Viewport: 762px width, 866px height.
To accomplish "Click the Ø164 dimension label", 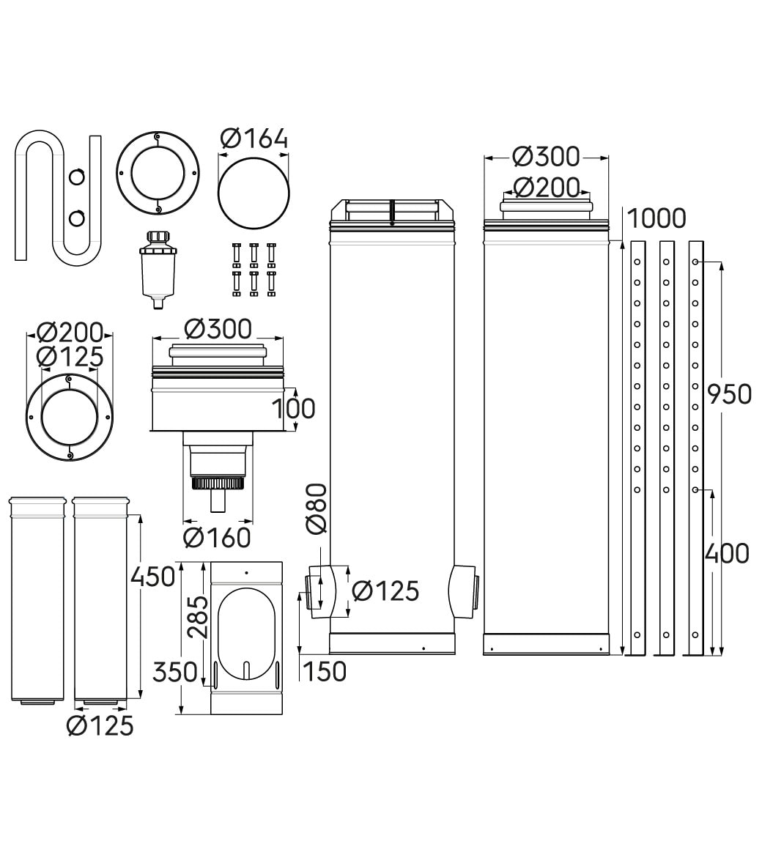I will (254, 138).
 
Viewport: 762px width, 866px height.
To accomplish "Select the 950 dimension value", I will (729, 394).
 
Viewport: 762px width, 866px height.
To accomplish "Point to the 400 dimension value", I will (727, 553).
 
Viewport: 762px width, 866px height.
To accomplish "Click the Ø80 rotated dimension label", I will (316, 509).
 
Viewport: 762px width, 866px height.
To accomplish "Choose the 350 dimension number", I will (175, 671).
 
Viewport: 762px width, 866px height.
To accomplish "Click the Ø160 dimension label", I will (217, 538).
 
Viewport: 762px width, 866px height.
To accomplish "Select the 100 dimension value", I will (294, 408).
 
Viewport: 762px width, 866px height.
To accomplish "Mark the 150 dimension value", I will (325, 671).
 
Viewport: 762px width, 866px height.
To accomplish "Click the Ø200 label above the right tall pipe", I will (546, 188).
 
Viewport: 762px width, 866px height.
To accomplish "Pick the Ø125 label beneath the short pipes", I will (100, 725).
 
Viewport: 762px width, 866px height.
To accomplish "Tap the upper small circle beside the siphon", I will (77, 176).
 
